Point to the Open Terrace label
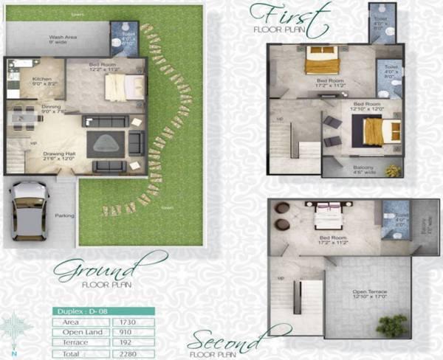(367, 292)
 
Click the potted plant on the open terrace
(391, 325)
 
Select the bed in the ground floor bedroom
(119, 88)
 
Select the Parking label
(63, 215)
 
